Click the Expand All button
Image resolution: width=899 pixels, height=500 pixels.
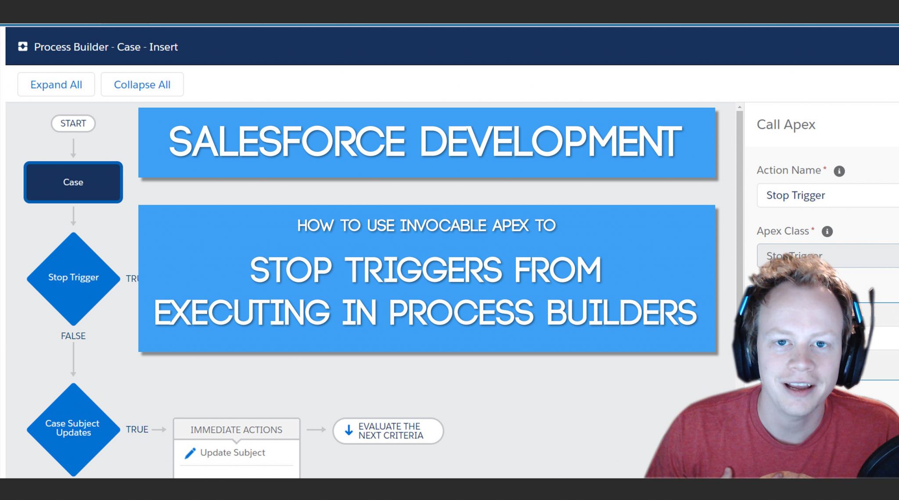point(56,84)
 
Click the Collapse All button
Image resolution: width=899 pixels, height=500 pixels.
point(142,84)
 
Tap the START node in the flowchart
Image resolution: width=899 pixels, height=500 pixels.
point(73,123)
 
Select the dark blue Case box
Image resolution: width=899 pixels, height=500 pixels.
point(73,182)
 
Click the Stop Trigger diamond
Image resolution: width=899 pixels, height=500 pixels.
point(73,278)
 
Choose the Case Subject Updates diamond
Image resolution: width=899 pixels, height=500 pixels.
point(73,428)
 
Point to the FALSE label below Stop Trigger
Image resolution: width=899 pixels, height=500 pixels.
point(73,336)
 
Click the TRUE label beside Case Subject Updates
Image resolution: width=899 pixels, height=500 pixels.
point(137,429)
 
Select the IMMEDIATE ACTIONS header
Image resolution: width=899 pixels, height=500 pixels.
point(236,430)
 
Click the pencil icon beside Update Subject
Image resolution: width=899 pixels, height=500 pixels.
point(190,453)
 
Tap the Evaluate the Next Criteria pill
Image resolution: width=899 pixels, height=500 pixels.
point(388,431)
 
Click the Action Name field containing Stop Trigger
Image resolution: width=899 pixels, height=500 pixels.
point(825,195)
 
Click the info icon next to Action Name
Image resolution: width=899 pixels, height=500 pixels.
point(839,171)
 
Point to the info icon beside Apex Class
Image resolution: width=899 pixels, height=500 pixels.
point(827,232)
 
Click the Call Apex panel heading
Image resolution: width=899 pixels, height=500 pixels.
point(786,125)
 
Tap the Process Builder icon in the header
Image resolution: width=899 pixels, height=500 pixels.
point(23,47)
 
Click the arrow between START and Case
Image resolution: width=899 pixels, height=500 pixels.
point(73,148)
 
